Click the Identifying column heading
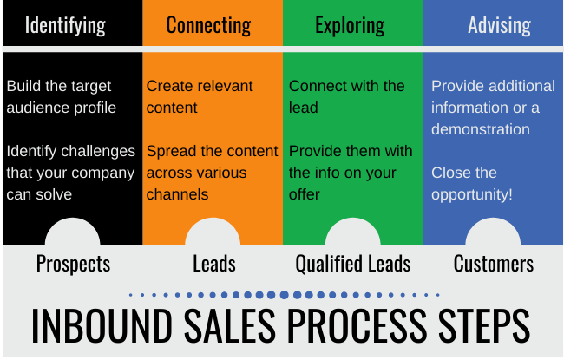[65, 25]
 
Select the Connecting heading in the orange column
[208, 25]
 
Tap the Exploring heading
[350, 25]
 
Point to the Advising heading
[499, 25]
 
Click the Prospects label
[73, 264]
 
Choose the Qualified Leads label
[352, 264]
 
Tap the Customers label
[493, 264]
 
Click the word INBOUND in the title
[102, 325]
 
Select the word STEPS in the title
[484, 325]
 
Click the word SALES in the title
[230, 325]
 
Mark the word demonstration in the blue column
[481, 129]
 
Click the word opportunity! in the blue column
[471, 195]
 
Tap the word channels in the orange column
[177, 194]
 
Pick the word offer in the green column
[304, 194]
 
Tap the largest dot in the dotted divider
[284, 295]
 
